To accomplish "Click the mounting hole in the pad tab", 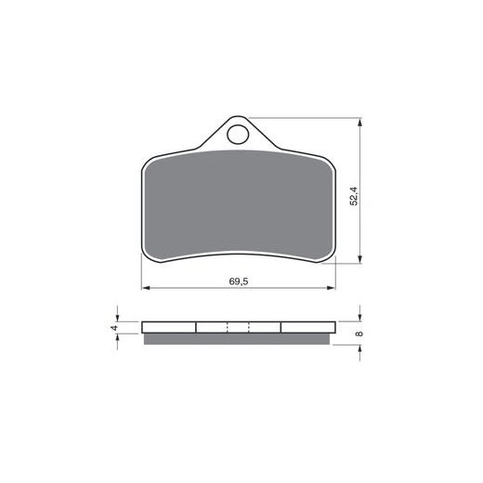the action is [238, 135].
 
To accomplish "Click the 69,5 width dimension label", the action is [239, 281].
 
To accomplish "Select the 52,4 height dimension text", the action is [354, 196].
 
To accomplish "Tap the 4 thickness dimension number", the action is [115, 328].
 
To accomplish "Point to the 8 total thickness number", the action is [359, 333].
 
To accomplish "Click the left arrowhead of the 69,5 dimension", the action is [146, 288].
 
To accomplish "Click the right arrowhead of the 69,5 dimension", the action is [332, 288].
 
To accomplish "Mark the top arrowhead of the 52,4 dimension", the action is [359, 122].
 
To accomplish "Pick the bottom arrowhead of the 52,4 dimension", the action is [359, 259].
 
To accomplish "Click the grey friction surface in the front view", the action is [239, 204].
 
